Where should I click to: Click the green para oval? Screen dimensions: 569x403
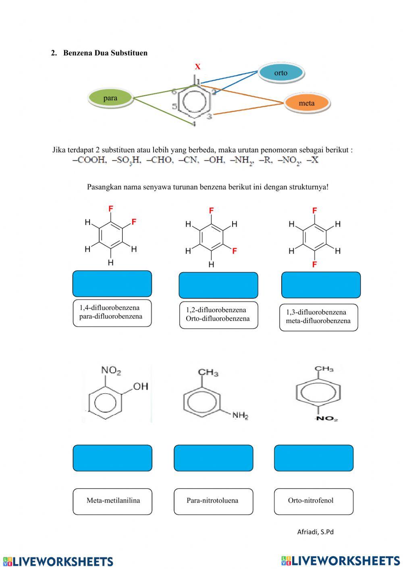(110, 98)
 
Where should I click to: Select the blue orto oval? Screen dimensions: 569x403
(280, 73)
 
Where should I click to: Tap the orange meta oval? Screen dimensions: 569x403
(306, 103)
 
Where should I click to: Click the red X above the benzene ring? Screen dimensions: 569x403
(197, 67)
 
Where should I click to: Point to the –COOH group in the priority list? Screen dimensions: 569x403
(89, 160)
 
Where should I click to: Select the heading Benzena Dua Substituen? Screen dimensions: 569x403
(105, 53)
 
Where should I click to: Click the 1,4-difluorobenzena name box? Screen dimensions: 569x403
(112, 312)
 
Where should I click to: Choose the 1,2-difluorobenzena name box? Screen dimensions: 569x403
(218, 315)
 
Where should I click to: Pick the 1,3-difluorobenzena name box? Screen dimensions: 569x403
(318, 317)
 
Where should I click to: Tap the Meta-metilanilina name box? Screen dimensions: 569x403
(112, 501)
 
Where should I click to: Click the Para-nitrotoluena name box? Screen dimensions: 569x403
(213, 501)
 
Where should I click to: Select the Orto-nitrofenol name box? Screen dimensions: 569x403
(314, 501)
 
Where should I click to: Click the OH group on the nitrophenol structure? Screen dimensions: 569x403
(141, 387)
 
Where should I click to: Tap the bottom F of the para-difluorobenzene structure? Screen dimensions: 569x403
(315, 265)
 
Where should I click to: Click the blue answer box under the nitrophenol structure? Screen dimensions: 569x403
(112, 458)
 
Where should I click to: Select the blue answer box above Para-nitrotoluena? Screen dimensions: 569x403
(213, 458)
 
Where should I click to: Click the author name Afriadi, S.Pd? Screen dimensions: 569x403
(315, 532)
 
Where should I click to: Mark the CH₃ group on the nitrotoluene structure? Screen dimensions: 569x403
(324, 369)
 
